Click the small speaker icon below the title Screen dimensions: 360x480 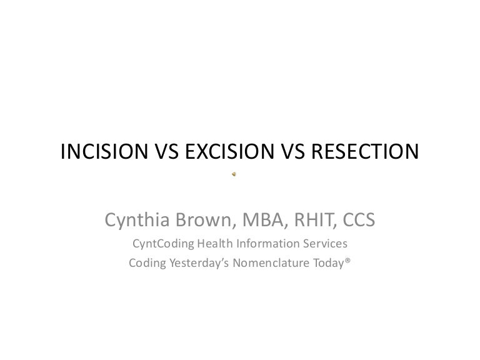(x=234, y=173)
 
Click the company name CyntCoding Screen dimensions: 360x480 (x=164, y=244)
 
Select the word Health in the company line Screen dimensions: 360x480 (x=219, y=244)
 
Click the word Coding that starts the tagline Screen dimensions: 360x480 (x=145, y=263)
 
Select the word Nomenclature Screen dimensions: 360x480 (x=270, y=263)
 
